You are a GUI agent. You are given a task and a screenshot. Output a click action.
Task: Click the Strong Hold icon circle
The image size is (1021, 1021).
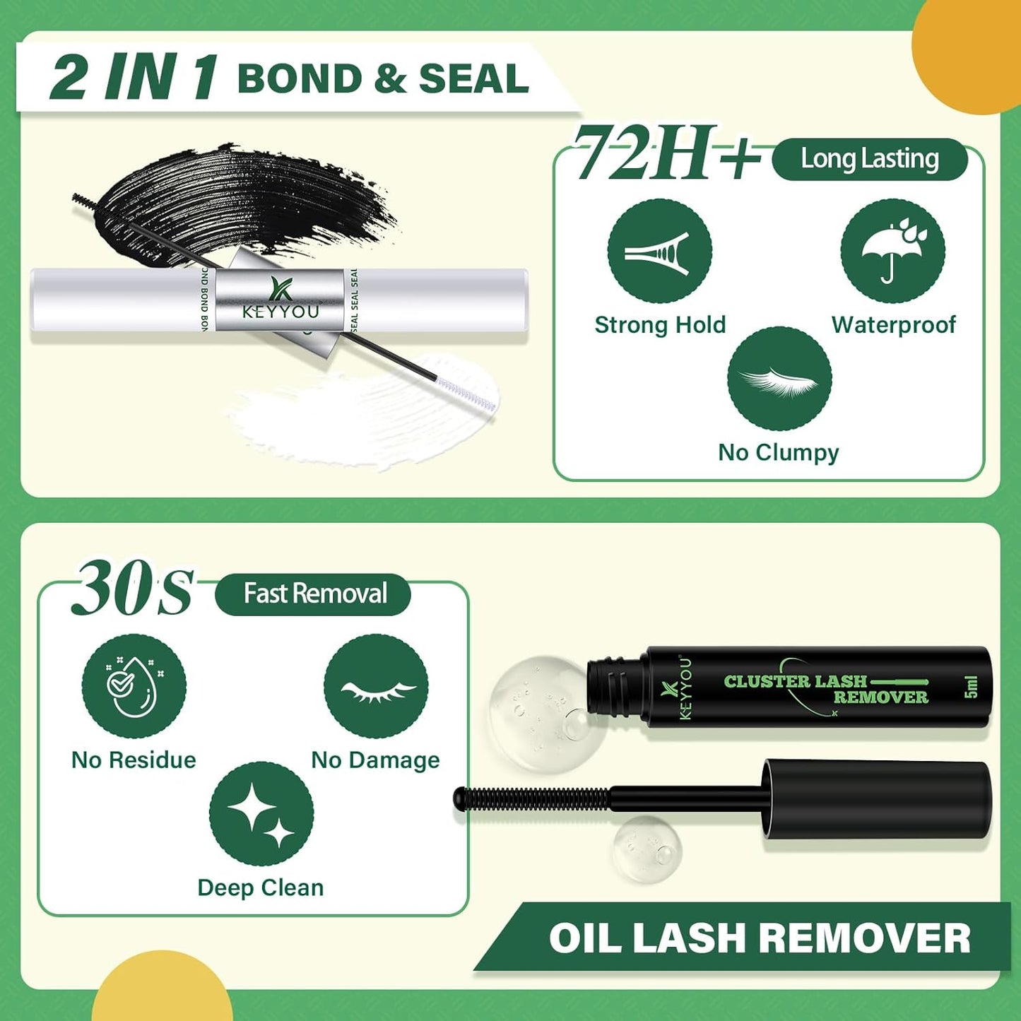coord(659,252)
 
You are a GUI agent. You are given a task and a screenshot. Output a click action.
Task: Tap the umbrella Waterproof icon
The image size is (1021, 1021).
coord(892,252)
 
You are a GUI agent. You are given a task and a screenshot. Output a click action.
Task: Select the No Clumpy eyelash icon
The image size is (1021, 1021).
coord(779,379)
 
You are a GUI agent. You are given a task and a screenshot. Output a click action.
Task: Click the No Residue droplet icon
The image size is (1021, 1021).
coord(134,686)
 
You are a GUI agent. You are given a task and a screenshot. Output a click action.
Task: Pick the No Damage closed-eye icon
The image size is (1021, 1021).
coord(376,686)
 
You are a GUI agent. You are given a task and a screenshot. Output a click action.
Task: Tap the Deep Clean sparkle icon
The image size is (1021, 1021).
coord(261,814)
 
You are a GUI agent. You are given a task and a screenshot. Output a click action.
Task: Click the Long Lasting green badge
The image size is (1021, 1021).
coord(869,159)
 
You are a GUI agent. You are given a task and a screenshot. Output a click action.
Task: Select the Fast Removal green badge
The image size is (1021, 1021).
coord(313,594)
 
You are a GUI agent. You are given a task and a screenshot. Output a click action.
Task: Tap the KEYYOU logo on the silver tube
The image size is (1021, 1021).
coord(281,301)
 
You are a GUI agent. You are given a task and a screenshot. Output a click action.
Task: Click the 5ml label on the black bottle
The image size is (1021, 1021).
coord(971,686)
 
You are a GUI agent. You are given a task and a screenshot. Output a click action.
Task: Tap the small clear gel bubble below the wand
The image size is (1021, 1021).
coord(647,849)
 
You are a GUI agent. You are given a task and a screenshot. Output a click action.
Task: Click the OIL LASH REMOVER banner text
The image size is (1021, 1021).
coord(760,938)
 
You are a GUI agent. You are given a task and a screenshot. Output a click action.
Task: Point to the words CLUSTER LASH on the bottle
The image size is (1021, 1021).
coord(795,681)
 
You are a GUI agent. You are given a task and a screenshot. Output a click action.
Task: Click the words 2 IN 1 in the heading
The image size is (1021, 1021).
coord(134,77)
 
